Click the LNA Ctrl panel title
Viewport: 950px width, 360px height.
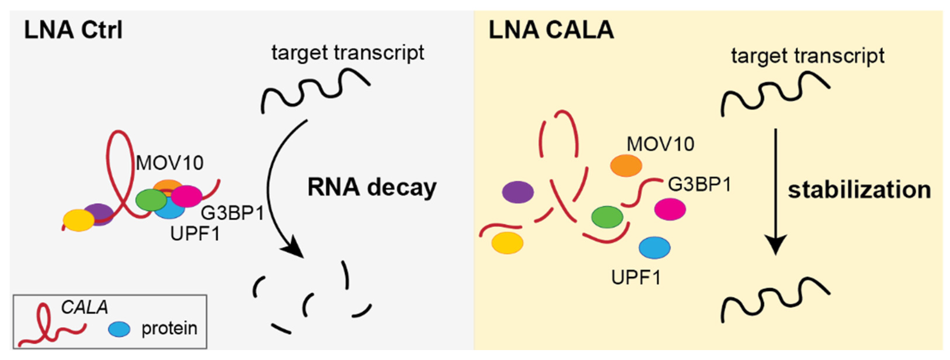tap(73, 30)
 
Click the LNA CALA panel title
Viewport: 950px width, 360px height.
tap(551, 30)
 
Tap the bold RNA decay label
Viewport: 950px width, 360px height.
tap(372, 187)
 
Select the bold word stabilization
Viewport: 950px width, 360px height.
tap(859, 190)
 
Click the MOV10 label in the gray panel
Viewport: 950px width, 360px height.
tap(170, 163)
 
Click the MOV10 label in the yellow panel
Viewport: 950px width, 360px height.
tap(660, 144)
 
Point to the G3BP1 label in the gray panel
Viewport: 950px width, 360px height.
tap(232, 213)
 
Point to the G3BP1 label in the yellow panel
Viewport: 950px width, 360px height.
tap(700, 184)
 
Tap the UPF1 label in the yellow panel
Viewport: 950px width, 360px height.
tap(636, 277)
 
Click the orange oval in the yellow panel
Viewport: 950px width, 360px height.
tap(626, 166)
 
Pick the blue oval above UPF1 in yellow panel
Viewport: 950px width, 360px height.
tap(654, 248)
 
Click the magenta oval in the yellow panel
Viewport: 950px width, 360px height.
tap(670, 209)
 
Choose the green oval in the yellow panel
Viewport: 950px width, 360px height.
tap(607, 217)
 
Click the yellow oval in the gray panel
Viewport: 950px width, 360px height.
tap(78, 220)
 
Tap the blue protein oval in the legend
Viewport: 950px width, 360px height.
tap(119, 329)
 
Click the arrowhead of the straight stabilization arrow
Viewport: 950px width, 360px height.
tap(775, 245)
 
